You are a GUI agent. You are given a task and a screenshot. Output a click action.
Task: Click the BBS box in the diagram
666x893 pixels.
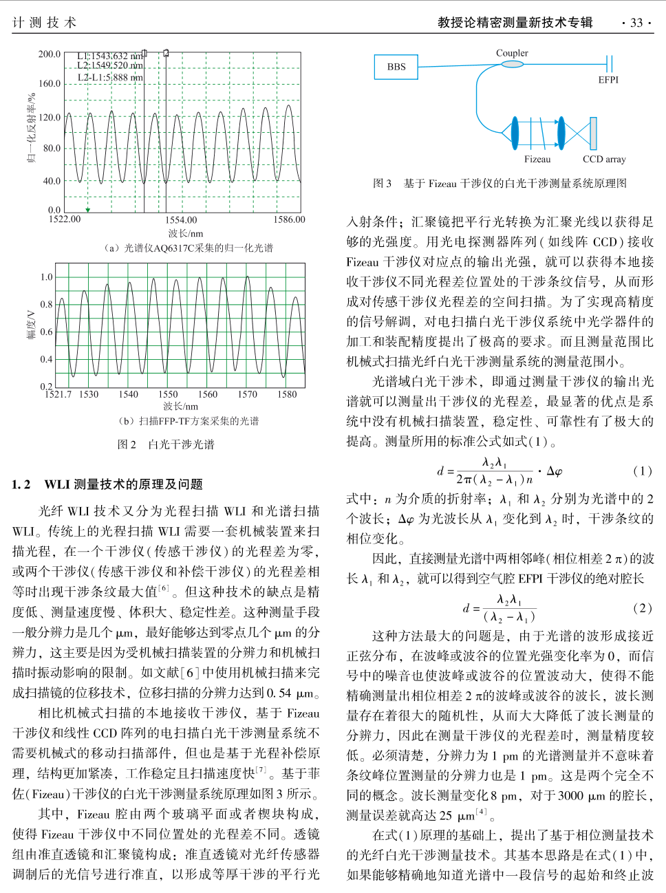click(x=396, y=67)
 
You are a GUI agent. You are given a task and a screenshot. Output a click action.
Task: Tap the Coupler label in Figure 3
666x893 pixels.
click(x=512, y=53)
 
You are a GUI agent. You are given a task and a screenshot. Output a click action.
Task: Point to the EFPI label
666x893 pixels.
click(x=608, y=80)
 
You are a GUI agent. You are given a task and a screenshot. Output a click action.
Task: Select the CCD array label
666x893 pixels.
click(x=604, y=159)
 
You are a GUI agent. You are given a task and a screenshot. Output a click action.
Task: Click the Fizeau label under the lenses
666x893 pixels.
click(x=537, y=159)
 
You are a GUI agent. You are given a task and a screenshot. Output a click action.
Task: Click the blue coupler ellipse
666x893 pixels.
click(x=512, y=64)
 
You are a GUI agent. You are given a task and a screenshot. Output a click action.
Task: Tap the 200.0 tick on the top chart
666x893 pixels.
click(x=50, y=54)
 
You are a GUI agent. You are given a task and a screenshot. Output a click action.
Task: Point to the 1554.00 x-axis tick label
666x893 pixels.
click(x=181, y=220)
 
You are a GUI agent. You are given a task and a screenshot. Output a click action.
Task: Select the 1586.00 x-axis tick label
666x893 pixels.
click(x=289, y=219)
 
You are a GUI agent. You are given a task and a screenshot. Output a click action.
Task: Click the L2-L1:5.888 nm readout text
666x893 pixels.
click(x=110, y=77)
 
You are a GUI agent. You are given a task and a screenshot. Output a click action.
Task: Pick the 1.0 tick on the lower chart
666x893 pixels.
click(x=46, y=277)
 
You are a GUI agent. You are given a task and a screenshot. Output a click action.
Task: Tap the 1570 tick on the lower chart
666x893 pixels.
click(x=248, y=394)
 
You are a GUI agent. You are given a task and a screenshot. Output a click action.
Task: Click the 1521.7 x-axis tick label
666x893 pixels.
click(x=58, y=394)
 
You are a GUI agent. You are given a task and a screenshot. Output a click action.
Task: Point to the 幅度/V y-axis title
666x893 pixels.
click(x=32, y=323)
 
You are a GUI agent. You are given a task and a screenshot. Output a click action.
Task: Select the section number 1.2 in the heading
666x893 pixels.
click(x=21, y=484)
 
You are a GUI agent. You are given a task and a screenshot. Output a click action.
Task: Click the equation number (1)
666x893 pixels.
click(x=642, y=471)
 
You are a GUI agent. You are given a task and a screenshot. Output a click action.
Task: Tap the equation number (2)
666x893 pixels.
click(x=642, y=607)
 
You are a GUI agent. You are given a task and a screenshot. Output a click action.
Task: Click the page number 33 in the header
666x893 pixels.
click(x=636, y=23)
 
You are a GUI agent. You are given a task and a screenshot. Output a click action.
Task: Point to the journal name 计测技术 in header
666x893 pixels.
click(x=44, y=23)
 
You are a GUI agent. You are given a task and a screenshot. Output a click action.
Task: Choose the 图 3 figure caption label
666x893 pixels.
click(x=382, y=183)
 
